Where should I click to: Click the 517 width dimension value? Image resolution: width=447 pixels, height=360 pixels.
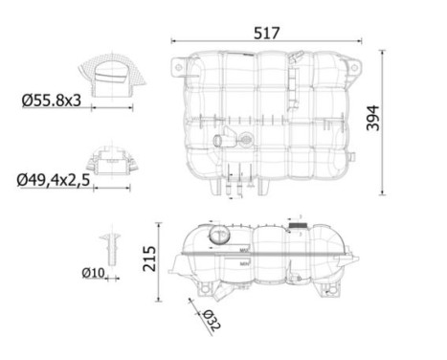tap(267, 34)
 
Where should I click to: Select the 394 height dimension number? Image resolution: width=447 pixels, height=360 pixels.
tap(373, 118)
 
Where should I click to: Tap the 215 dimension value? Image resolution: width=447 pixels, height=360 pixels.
tap(149, 259)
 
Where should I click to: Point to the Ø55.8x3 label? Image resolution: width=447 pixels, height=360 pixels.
tap(52, 101)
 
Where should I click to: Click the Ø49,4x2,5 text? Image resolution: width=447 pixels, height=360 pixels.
tap(54, 180)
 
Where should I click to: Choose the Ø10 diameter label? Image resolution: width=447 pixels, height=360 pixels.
tap(93, 273)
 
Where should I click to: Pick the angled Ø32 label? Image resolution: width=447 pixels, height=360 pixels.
tap(212, 320)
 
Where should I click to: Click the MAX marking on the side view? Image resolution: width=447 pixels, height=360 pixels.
tap(244, 250)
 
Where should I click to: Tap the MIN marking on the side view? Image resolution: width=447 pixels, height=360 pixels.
tap(244, 264)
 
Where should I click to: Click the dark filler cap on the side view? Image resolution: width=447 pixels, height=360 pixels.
tap(298, 225)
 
